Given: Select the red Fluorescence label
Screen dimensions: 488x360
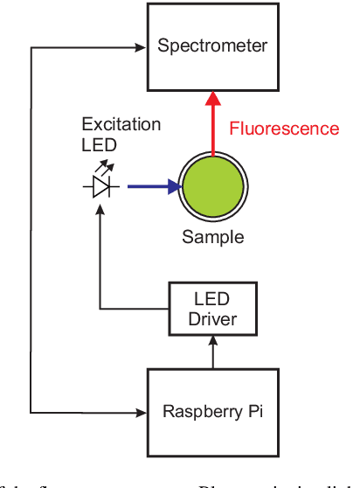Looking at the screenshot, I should click(284, 129).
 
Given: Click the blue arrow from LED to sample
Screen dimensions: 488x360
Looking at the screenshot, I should click(153, 186).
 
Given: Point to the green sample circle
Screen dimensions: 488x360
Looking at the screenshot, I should click(212, 187).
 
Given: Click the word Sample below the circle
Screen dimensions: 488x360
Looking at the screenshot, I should click(212, 237).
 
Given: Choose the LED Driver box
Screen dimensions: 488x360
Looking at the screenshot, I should click(212, 308).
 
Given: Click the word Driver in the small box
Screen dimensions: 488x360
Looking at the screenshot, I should click(212, 318).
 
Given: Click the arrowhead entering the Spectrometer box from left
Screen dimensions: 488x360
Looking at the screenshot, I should click(142, 47).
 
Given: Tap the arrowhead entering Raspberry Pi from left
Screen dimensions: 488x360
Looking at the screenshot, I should click(142, 411).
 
